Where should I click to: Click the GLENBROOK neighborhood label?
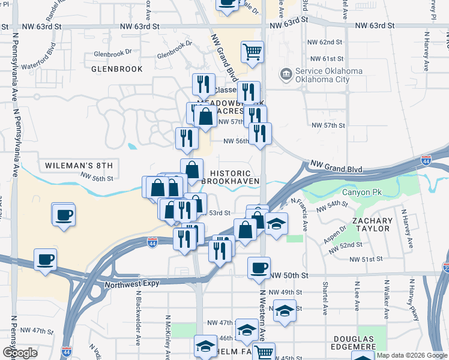[117, 69]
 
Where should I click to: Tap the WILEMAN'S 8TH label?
[79, 165]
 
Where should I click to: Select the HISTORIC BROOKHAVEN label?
[235, 176]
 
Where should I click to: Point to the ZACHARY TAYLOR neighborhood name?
[372, 225]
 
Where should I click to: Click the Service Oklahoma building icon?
[286, 75]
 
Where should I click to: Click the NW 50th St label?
[289, 275]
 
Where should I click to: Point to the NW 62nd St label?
[327, 42]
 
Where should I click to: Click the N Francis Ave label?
[300, 215]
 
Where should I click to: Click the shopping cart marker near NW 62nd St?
[253, 51]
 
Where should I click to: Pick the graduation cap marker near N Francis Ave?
[276, 224]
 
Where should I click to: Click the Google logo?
[19, 353]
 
